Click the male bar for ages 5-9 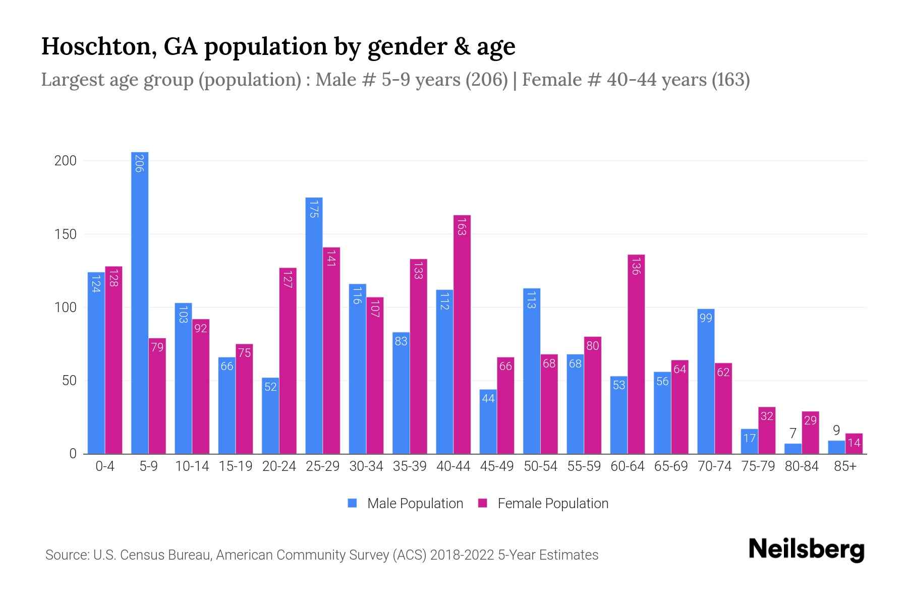[140, 302]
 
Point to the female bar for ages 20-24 [288, 360]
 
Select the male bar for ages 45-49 [488, 421]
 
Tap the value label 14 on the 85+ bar [854, 443]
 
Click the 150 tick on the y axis [66, 234]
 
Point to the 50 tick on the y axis [69, 381]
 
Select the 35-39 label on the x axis [410, 466]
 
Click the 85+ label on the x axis [845, 466]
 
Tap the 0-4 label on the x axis [105, 466]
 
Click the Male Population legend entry [406, 503]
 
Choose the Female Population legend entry [543, 503]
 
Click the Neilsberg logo [806, 549]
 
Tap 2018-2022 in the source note [462, 555]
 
